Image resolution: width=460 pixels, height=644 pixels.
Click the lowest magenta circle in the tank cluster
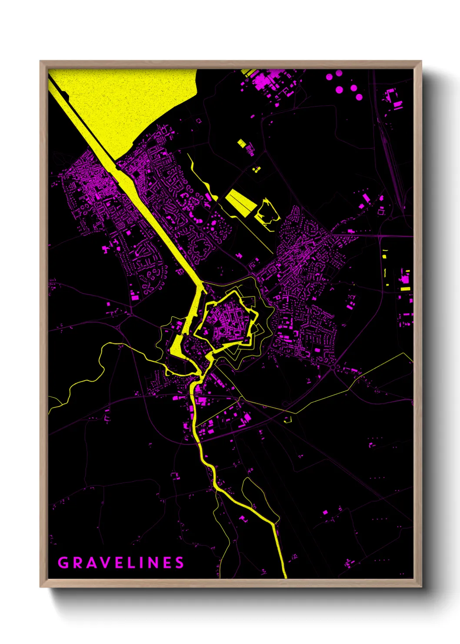tap(359, 97)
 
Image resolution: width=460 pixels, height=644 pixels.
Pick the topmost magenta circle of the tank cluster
tap(339, 73)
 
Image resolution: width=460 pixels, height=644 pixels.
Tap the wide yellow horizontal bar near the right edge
tap(405, 288)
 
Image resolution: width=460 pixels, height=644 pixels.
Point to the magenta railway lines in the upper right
tap(389, 152)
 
